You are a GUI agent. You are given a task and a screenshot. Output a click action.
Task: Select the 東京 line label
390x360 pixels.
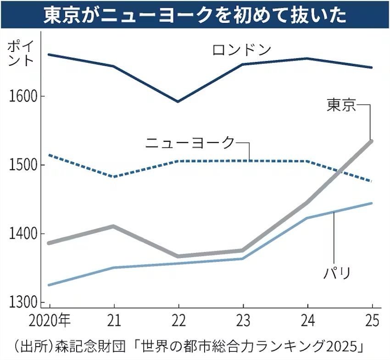tap(341, 105)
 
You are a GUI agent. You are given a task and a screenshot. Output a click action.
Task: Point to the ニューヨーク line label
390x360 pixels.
tap(190, 143)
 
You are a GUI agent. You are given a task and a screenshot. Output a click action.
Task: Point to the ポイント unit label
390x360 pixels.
tap(21, 53)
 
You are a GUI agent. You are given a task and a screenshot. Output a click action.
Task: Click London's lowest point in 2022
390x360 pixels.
tap(178, 101)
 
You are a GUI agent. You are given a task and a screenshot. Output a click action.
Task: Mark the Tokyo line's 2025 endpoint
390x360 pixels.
tap(372, 141)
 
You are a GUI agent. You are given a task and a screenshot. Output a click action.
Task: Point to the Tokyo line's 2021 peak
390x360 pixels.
tap(113, 226)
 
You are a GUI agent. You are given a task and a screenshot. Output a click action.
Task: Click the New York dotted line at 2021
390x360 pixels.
tap(113, 176)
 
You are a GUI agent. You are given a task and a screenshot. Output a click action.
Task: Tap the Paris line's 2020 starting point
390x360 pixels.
tap(49, 285)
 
